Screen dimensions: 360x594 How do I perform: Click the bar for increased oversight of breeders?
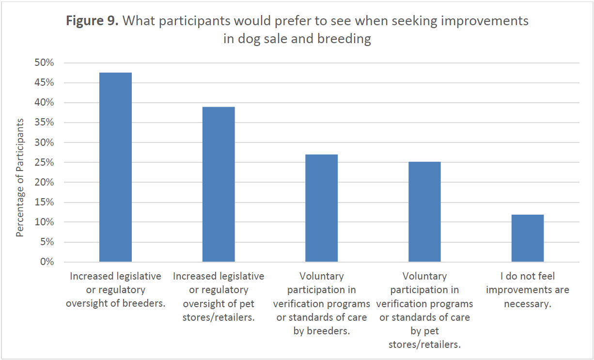click(115, 167)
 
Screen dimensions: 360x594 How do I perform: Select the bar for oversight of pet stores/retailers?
click(219, 184)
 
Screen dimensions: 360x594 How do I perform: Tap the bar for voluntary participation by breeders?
click(321, 208)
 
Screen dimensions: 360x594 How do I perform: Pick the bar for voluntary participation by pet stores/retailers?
click(424, 212)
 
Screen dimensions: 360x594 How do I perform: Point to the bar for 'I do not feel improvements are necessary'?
click(528, 238)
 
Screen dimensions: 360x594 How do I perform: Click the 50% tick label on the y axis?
click(44, 63)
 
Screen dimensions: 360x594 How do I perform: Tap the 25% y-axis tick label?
click(44, 163)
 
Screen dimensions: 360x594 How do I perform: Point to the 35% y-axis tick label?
click(44, 123)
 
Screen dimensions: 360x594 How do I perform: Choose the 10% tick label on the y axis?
click(44, 222)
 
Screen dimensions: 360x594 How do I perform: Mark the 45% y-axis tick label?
click(44, 83)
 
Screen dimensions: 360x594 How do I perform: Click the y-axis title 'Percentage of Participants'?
click(20, 178)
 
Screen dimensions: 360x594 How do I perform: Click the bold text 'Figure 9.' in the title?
click(92, 21)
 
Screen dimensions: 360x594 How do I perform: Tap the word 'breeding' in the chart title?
click(344, 39)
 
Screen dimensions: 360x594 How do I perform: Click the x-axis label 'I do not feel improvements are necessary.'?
click(528, 290)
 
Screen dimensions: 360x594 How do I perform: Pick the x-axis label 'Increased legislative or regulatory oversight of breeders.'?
click(115, 290)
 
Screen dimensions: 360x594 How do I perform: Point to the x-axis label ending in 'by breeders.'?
click(321, 304)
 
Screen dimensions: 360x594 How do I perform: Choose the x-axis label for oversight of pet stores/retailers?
click(219, 297)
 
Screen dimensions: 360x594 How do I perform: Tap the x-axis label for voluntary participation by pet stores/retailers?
click(424, 310)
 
